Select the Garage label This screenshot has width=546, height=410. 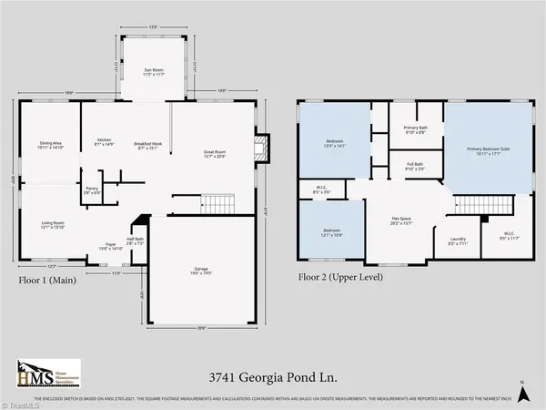point(202,269)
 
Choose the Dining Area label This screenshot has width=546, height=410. point(51,144)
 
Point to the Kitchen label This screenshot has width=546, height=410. point(104,141)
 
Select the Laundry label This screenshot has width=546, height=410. point(456,242)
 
